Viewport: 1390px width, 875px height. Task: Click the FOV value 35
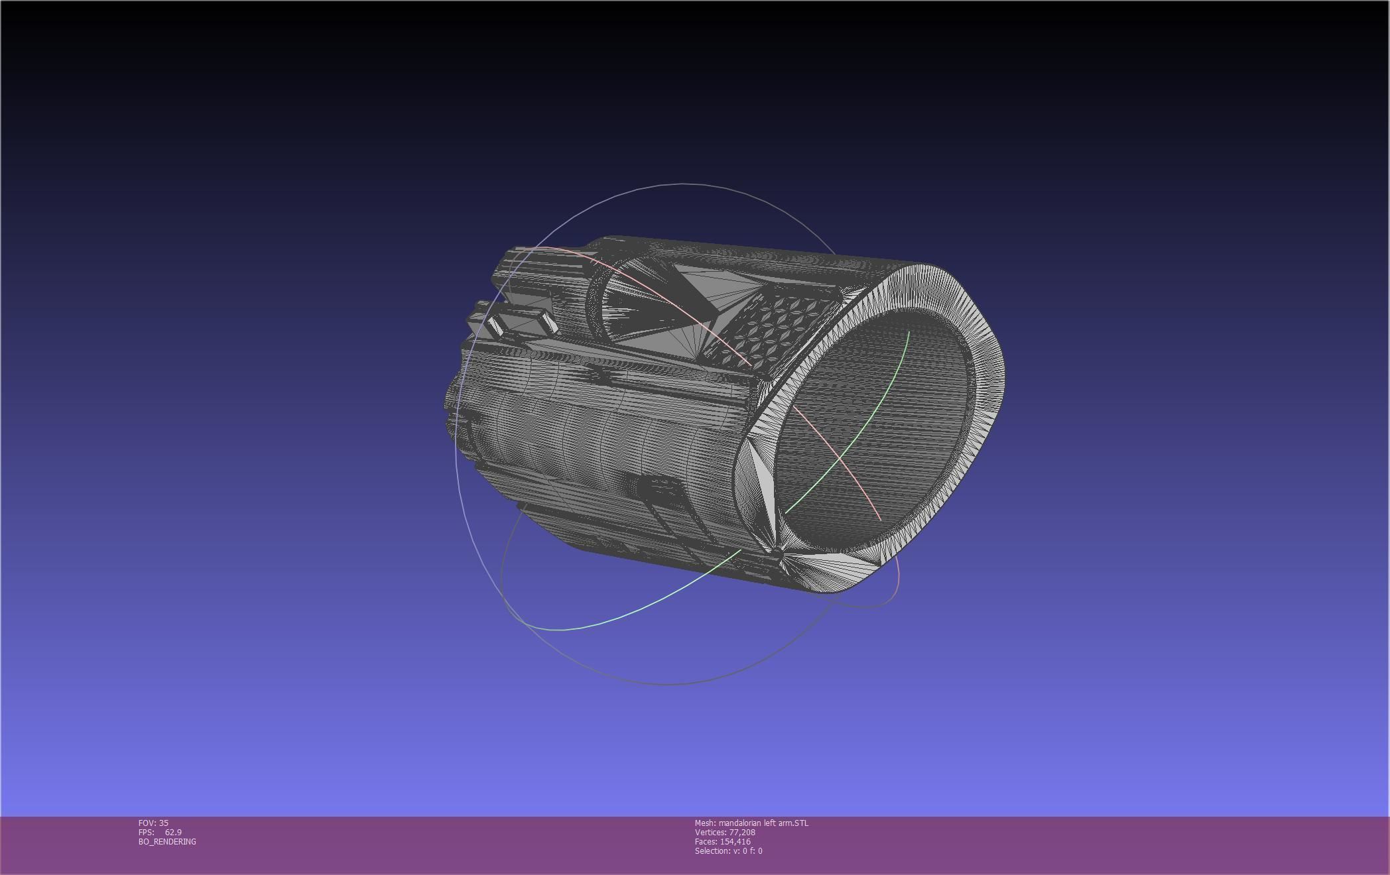coord(163,823)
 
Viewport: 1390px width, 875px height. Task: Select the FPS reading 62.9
coord(173,833)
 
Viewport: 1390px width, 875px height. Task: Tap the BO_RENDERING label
coord(167,842)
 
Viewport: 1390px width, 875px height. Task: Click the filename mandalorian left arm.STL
coord(763,823)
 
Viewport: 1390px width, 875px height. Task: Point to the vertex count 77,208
coord(742,833)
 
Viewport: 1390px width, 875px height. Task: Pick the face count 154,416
coord(735,842)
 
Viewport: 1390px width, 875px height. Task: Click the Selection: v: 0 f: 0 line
coord(728,851)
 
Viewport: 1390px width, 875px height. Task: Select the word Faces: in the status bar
coord(706,842)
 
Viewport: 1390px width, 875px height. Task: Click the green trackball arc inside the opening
coord(862,431)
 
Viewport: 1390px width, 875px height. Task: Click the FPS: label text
coord(147,833)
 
